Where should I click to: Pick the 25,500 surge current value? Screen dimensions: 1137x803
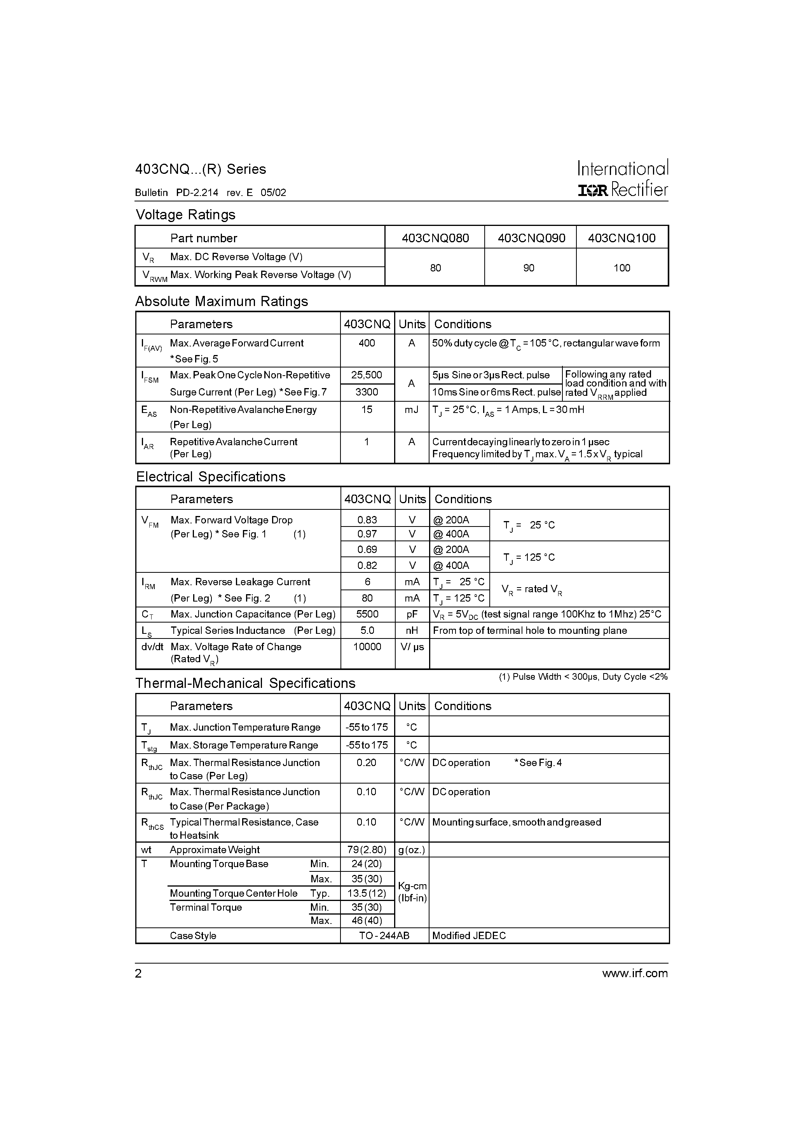tap(367, 375)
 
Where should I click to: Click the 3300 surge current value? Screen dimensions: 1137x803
tap(367, 392)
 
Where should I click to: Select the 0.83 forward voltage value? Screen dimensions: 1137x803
tap(367, 520)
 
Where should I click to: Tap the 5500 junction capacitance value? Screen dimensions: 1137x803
tap(367, 614)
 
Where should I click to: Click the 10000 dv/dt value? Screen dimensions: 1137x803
tap(367, 647)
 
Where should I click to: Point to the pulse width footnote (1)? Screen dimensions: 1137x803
tap(583, 677)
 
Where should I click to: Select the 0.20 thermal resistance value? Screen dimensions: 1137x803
tap(367, 763)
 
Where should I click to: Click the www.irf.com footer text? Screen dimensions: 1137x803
tap(635, 974)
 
